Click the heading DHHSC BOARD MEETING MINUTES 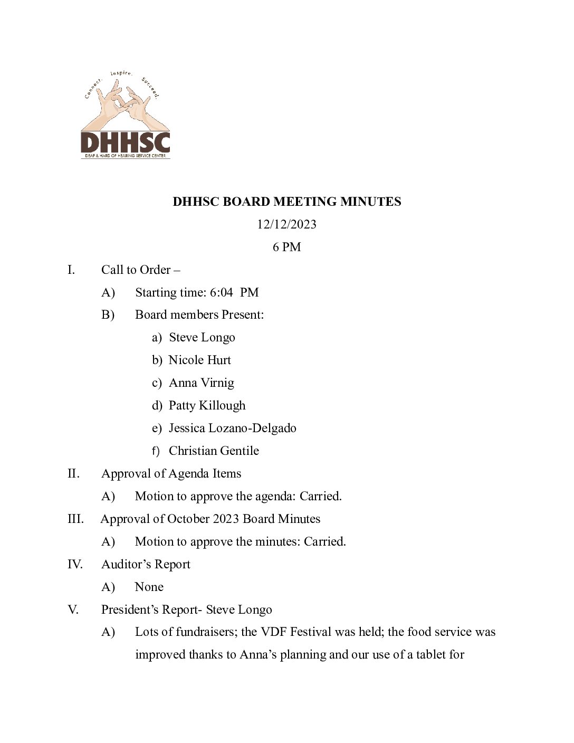(x=286, y=202)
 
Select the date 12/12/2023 (x=286, y=224)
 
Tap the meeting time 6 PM (x=286, y=247)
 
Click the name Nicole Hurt (x=199, y=360)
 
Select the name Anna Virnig (x=201, y=383)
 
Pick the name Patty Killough (x=207, y=405)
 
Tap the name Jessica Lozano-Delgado (x=232, y=428)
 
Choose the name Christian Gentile (x=214, y=451)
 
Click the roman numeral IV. (x=75, y=564)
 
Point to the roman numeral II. (x=73, y=473)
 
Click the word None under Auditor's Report (x=149, y=587)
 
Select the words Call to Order (x=136, y=270)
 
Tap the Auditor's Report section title (x=146, y=564)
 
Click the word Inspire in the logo (x=121, y=73)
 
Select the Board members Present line (x=199, y=315)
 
